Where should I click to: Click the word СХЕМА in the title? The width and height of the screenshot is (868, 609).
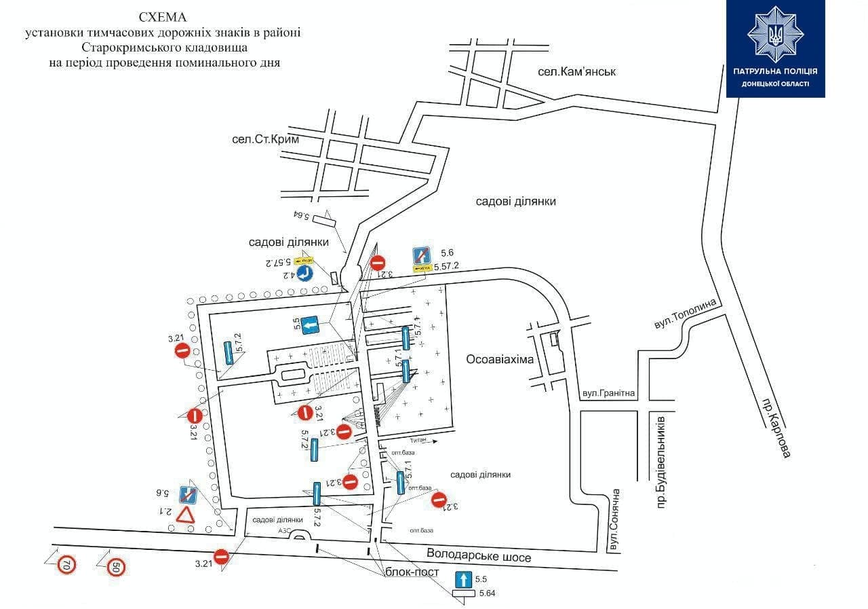coord(162,16)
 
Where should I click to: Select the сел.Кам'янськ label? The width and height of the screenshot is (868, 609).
coord(576,71)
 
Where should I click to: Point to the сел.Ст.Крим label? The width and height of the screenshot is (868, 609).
coord(265,139)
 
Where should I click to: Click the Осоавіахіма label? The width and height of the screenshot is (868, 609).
coord(500,358)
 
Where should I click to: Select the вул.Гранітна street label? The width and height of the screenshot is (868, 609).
coord(608,393)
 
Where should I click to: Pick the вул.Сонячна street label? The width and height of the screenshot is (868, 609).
coord(614,519)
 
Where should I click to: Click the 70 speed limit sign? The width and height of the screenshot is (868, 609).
coord(66,564)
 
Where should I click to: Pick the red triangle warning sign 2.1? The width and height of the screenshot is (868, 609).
coord(186,515)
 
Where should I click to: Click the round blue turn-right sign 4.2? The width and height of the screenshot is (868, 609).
coord(304,273)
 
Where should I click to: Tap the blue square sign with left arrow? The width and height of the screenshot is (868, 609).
coord(311,327)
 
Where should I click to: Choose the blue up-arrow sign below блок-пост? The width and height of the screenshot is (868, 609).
coord(462,579)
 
